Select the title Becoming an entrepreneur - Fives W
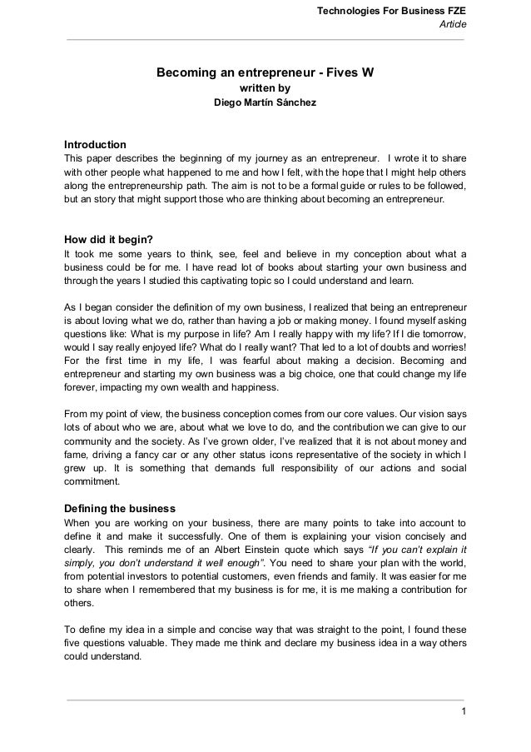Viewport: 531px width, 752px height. coord(265,72)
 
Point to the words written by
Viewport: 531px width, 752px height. coord(265,87)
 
